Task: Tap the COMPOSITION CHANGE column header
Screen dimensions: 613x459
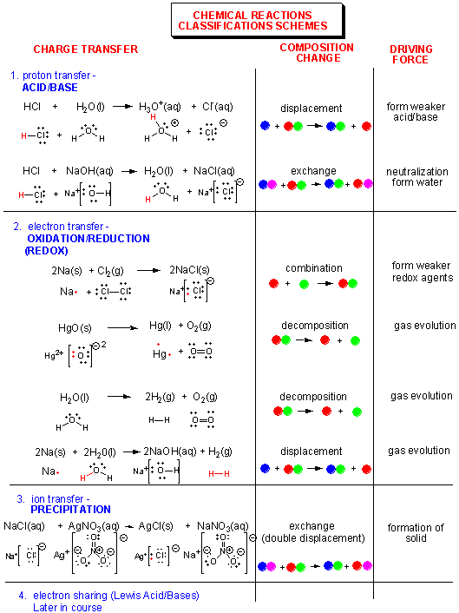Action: coord(316,53)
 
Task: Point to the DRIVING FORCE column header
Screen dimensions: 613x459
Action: coord(410,55)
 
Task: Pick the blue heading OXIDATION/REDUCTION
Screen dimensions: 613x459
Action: coord(89,238)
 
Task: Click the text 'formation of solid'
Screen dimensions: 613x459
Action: coord(416,533)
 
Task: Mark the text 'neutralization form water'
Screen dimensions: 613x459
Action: coord(416,177)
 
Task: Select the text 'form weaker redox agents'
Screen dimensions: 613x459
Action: coord(422,272)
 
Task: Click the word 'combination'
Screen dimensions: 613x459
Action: coord(313,268)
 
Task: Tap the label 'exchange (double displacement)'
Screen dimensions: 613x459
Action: coord(313,532)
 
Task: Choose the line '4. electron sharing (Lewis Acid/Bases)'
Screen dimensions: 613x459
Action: coord(108,596)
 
